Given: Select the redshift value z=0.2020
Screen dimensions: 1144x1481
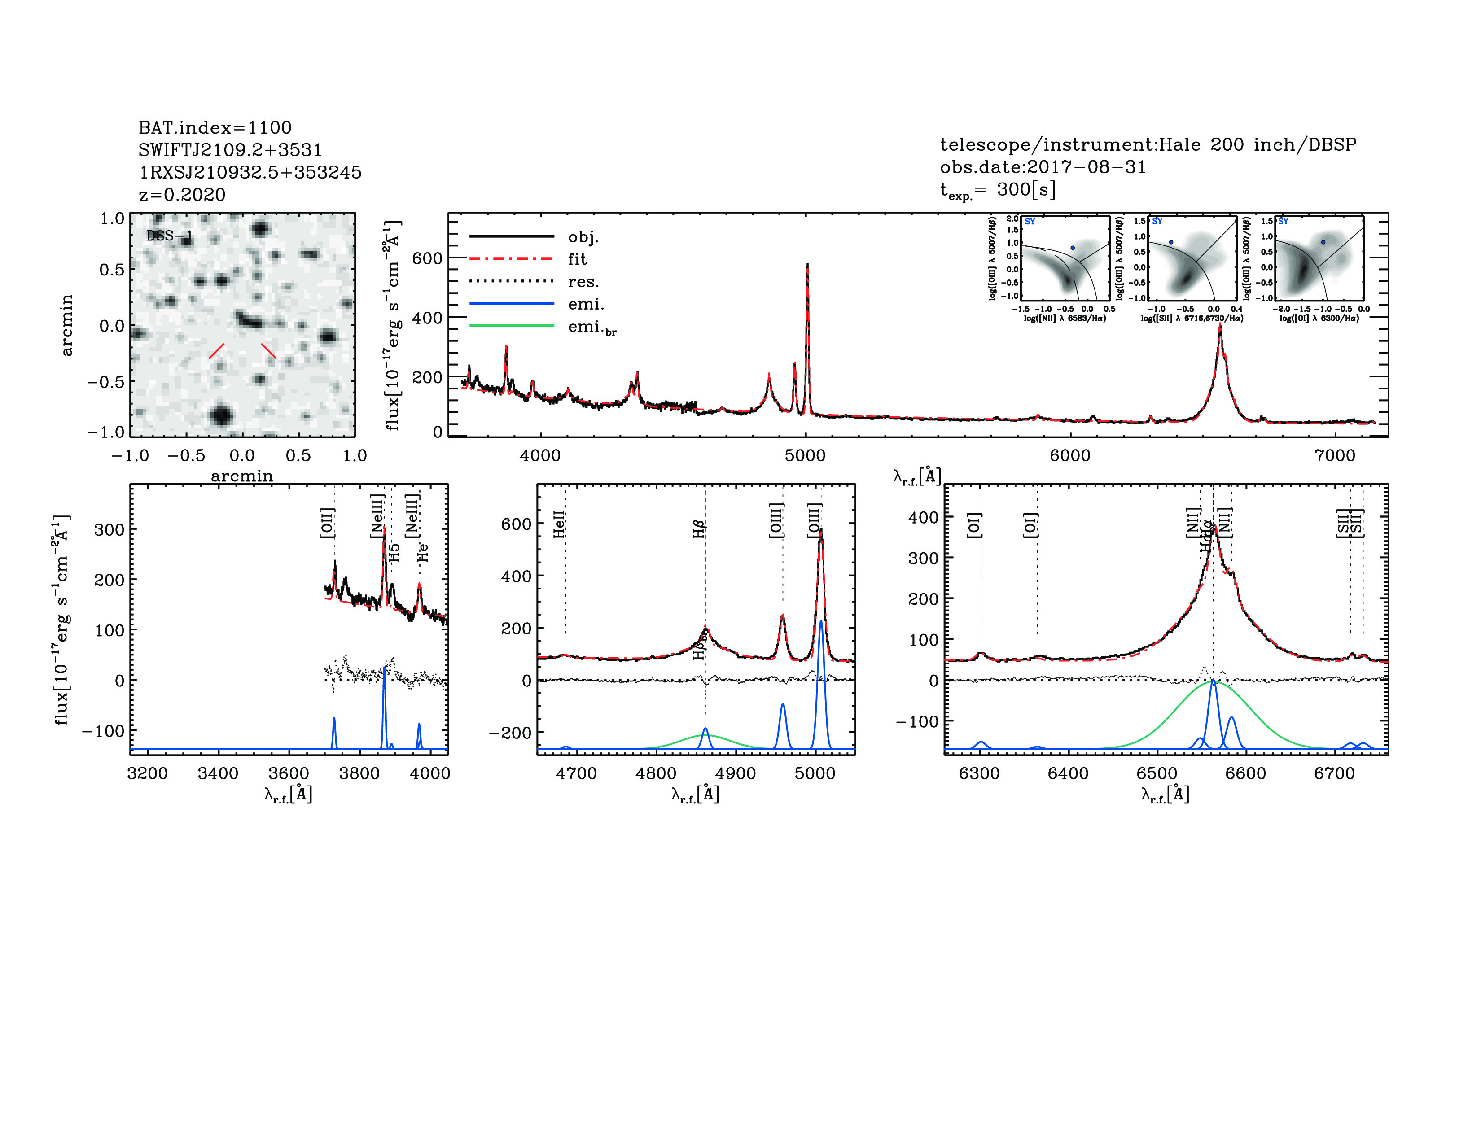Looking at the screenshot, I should coord(182,195).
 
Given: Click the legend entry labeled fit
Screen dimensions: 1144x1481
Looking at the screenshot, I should coord(577,259).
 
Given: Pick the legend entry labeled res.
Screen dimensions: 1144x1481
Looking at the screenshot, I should coord(583,282).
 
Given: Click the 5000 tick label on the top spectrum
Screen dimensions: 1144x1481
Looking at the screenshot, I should coord(805,455).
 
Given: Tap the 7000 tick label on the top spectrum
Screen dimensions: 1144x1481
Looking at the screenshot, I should coord(1335,455).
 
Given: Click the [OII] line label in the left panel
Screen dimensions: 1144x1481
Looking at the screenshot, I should coord(327,523).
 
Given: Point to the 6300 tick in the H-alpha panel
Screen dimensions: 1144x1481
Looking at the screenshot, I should coord(979,774).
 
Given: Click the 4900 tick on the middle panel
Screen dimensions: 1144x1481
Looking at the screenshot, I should coord(735,774).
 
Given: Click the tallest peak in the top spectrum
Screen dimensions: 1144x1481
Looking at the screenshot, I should coord(807,265).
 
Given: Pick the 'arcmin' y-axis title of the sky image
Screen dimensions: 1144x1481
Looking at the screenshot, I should coord(66,325).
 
